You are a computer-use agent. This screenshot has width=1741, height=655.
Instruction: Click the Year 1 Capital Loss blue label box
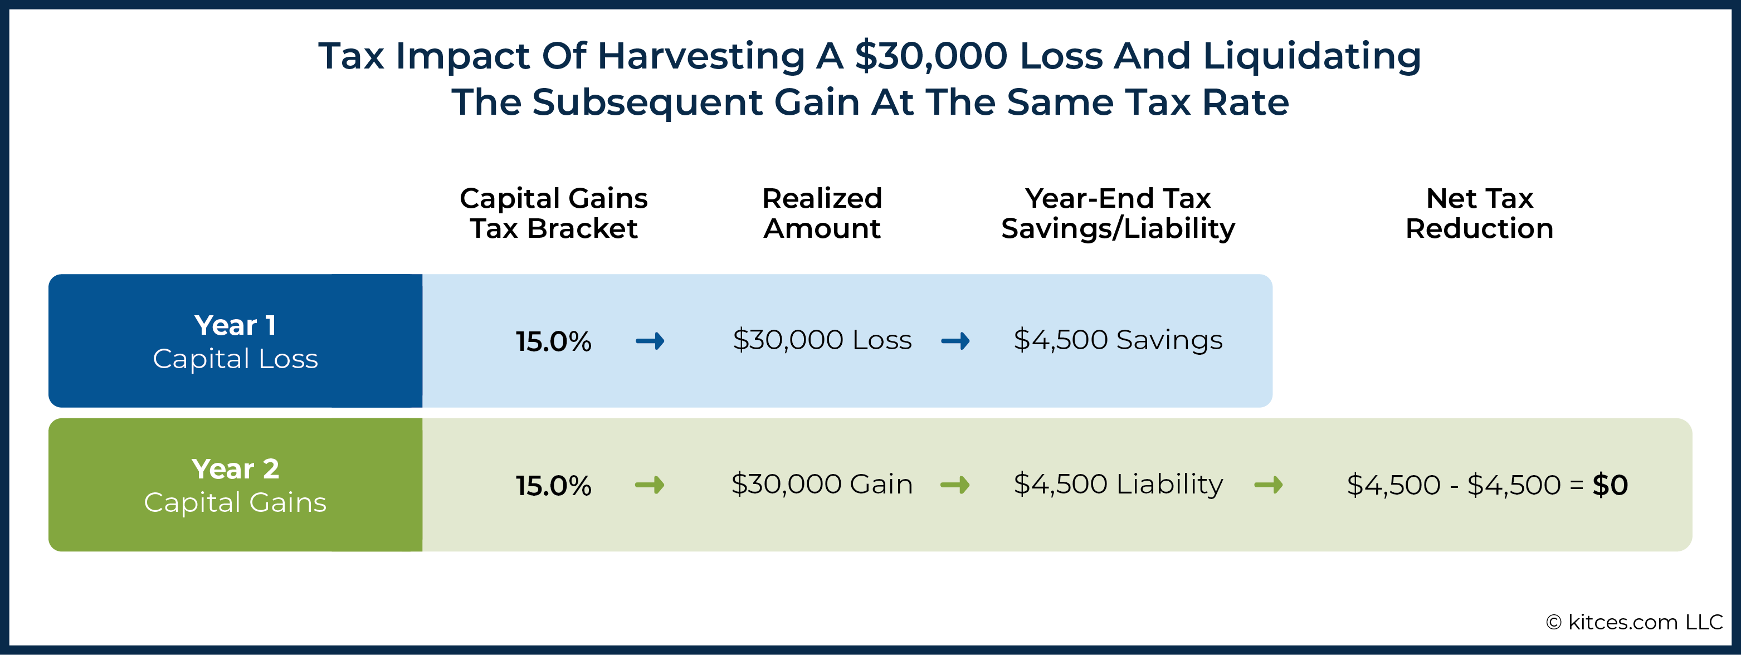pos(235,341)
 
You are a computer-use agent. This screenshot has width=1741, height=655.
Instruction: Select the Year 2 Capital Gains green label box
pos(235,485)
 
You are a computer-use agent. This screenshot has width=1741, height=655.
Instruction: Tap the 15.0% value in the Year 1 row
pos(554,341)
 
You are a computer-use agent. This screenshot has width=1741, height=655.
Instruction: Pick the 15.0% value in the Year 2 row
pos(554,485)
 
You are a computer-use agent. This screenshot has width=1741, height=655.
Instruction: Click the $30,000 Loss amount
pos(822,340)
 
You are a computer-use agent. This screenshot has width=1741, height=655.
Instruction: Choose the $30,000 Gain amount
pos(822,484)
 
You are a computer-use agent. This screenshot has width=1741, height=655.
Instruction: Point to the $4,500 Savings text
pos(1118,340)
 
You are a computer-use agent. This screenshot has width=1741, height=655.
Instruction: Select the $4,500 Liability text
pos(1118,484)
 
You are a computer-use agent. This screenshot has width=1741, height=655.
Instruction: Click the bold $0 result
pos(1610,485)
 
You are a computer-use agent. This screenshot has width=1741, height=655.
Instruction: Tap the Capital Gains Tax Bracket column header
pos(554,213)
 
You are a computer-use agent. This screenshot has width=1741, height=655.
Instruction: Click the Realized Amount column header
pos(822,213)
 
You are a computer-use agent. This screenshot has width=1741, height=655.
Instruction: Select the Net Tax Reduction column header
pos(1480,213)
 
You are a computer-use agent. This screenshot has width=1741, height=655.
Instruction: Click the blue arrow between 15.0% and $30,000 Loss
pos(650,341)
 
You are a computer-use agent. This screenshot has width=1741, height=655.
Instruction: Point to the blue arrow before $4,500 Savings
pos(955,341)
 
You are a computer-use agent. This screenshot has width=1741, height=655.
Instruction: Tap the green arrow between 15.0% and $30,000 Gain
pos(650,485)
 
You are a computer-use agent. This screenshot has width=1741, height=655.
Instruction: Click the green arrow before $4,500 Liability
pos(955,485)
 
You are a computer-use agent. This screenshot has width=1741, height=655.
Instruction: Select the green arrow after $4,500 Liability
pos(1268,485)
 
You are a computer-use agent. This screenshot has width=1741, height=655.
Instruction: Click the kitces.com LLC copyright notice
pos(1634,622)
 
